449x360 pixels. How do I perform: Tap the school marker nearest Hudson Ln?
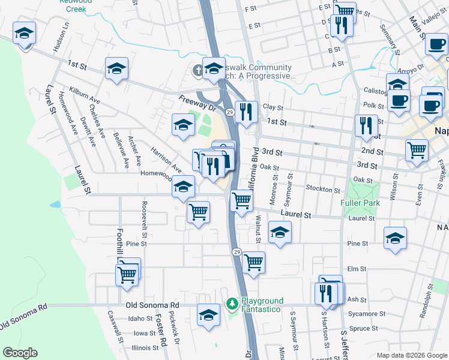tap(25, 34)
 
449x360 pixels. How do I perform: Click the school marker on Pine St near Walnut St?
tap(280, 233)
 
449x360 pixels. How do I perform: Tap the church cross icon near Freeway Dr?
tap(198, 70)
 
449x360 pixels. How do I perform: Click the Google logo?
tap(20, 353)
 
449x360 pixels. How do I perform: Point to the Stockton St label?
tap(323, 190)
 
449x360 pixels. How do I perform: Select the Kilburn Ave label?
tap(85, 95)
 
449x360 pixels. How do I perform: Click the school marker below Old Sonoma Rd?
tap(208, 315)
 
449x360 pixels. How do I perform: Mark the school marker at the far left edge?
tap(25, 34)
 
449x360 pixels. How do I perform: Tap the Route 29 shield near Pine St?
tap(237, 252)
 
